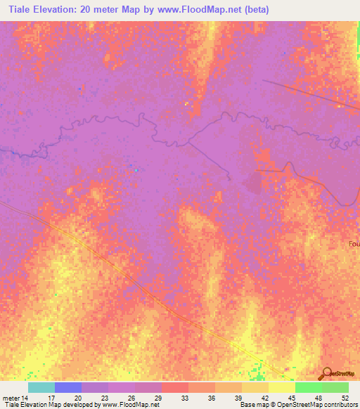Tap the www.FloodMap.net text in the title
[211, 9]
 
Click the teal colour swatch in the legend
[41, 387]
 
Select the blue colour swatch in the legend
[68, 387]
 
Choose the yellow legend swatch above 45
[282, 387]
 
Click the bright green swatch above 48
[309, 387]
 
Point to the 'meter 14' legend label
[15, 398]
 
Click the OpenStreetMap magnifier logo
[326, 373]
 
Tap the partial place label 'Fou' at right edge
[354, 244]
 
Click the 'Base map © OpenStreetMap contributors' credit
[299, 405]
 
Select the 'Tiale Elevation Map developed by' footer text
[49, 405]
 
